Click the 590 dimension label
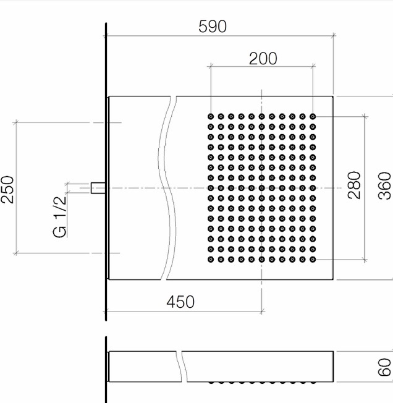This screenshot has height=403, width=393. click(x=213, y=27)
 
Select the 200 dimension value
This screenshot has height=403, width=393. click(x=263, y=59)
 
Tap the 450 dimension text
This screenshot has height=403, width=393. click(x=180, y=302)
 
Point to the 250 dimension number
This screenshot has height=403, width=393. click(x=7, y=189)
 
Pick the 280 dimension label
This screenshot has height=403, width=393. click(x=354, y=185)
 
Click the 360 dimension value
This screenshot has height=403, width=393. click(x=384, y=186)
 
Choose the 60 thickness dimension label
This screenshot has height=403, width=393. click(x=384, y=367)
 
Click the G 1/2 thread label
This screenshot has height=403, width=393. click(x=60, y=217)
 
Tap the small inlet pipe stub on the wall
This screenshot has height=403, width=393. click(x=98, y=188)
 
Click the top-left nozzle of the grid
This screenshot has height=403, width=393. click(x=211, y=117)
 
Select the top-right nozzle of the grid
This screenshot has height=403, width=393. click(x=313, y=117)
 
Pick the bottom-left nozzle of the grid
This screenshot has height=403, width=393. click(x=211, y=260)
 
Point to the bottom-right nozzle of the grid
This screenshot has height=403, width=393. click(x=313, y=260)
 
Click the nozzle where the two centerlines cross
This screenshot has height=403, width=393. click(x=262, y=188)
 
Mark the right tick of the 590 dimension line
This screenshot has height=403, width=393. click(x=334, y=36)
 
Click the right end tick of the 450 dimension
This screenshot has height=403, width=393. click(x=262, y=312)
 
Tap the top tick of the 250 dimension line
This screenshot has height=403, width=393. click(x=16, y=122)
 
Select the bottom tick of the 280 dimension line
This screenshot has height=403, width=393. click(x=365, y=260)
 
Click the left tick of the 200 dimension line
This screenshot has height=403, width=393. click(x=211, y=67)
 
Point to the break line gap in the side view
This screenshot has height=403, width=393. click(x=182, y=367)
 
